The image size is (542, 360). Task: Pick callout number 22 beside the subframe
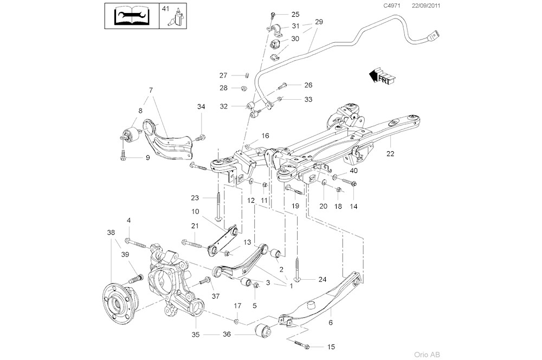(390, 153)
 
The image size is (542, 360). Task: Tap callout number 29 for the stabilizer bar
(319, 22)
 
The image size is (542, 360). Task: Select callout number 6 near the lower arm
(330, 322)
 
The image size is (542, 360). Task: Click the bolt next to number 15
(300, 345)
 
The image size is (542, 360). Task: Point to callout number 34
(201, 107)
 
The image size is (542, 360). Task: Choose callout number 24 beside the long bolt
(322, 280)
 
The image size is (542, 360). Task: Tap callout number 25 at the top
(295, 14)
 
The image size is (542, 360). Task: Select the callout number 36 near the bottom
(226, 335)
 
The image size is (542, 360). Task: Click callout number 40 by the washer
(353, 171)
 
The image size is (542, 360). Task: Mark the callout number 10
(195, 211)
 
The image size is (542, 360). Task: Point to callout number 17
(237, 306)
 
